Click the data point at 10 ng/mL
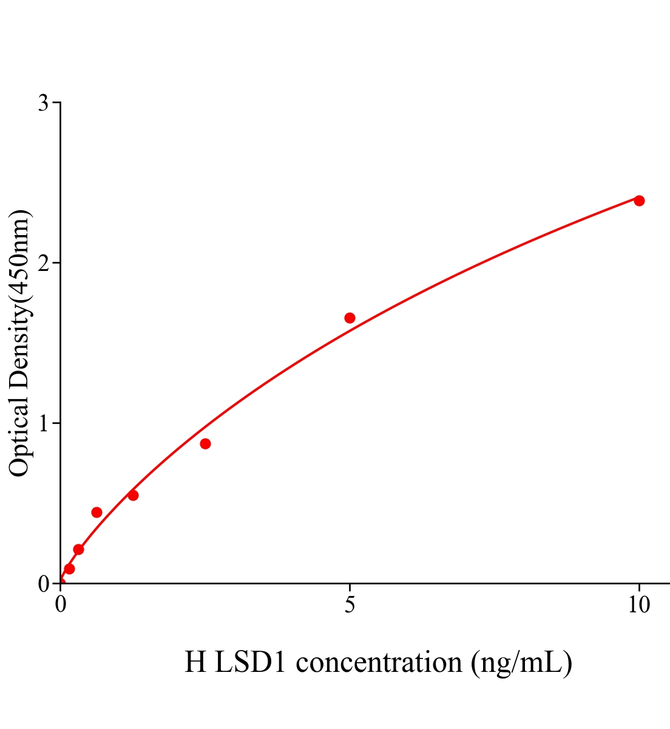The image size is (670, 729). pos(639,200)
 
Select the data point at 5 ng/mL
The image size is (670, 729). pos(350,318)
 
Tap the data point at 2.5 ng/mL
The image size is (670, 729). pos(205,443)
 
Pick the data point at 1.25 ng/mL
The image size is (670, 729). pos(133,495)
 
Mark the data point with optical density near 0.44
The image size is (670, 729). pos(96,512)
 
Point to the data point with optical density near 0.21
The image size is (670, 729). pos(78,549)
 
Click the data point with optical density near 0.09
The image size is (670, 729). pos(69,569)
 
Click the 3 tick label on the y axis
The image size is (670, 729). pos(43,103)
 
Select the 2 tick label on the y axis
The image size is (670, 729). pos(43,263)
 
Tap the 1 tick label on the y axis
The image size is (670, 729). pos(43,423)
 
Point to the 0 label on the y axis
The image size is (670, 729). pos(43,584)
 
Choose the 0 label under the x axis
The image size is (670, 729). pos(61,605)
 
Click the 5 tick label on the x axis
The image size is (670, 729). pos(350,605)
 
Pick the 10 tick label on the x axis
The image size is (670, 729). pos(638,605)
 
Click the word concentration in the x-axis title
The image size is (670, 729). pos(379,662)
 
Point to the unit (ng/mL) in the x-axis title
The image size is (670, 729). pos(521,662)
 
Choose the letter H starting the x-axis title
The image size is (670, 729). pos(195,662)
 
